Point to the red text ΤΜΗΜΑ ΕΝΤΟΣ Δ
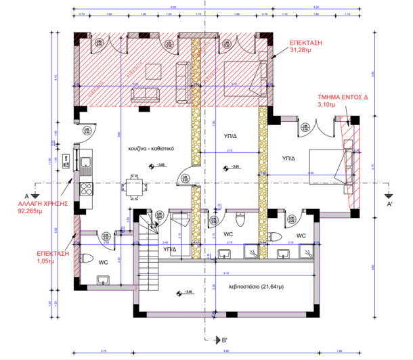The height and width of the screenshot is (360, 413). click(x=342, y=97)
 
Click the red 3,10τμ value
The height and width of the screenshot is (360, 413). click(x=327, y=106)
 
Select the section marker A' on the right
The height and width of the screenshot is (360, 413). click(x=389, y=203)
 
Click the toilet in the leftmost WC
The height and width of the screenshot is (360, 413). click(x=85, y=258)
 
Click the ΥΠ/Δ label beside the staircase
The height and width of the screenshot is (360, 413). click(x=170, y=249)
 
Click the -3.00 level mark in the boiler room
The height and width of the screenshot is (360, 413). click(x=184, y=293)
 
